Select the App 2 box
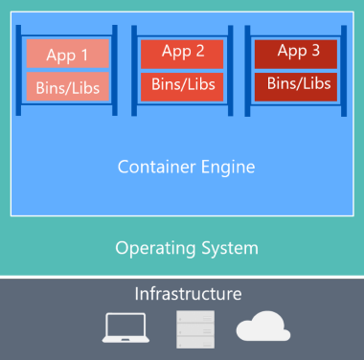182,53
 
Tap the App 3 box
298,52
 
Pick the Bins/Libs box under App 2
182,85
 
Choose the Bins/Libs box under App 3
298,84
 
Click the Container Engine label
186,168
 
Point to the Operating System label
186,248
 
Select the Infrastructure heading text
188,293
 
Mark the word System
230,249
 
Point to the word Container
158,168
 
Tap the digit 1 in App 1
87,55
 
